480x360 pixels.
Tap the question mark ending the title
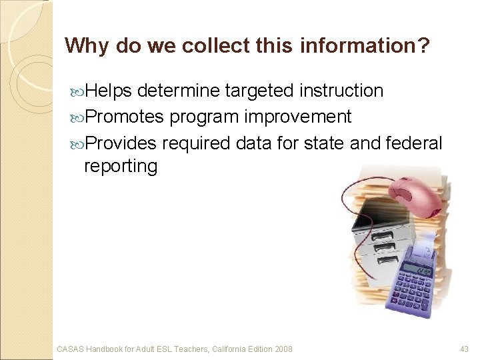424,45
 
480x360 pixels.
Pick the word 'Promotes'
124,117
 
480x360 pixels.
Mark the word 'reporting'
120,166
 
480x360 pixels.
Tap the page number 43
465,349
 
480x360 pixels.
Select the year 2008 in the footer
282,349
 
